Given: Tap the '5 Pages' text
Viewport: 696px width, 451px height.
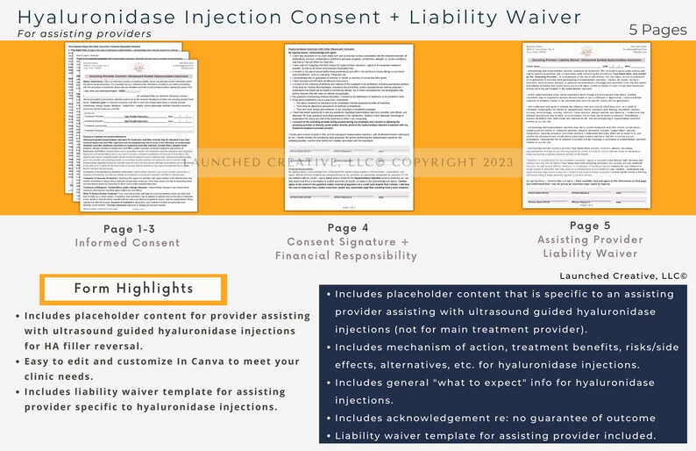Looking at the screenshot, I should pos(658,30).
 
